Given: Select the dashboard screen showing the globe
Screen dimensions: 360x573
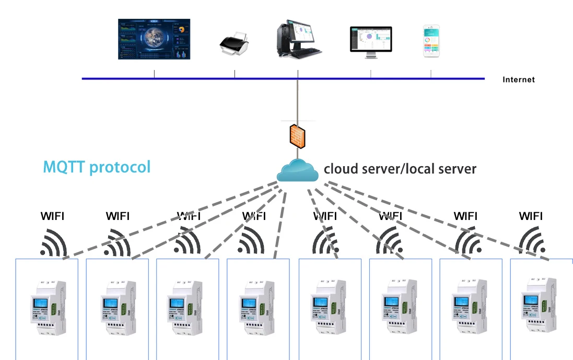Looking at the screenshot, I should tap(154, 39).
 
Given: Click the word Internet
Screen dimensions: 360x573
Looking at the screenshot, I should tap(519, 80).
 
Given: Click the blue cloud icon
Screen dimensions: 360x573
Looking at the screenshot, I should tap(297, 170).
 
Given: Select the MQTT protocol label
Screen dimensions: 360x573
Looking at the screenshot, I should tap(97, 167).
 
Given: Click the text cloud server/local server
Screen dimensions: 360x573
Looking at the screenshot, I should tap(400, 169).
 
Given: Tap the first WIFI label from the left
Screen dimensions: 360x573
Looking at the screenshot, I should tap(53, 216).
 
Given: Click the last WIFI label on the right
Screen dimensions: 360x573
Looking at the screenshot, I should tap(531, 216).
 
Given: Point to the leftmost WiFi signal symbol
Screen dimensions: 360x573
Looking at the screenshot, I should tap(53, 243).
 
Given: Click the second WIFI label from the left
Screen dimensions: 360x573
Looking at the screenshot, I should tap(118, 216).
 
